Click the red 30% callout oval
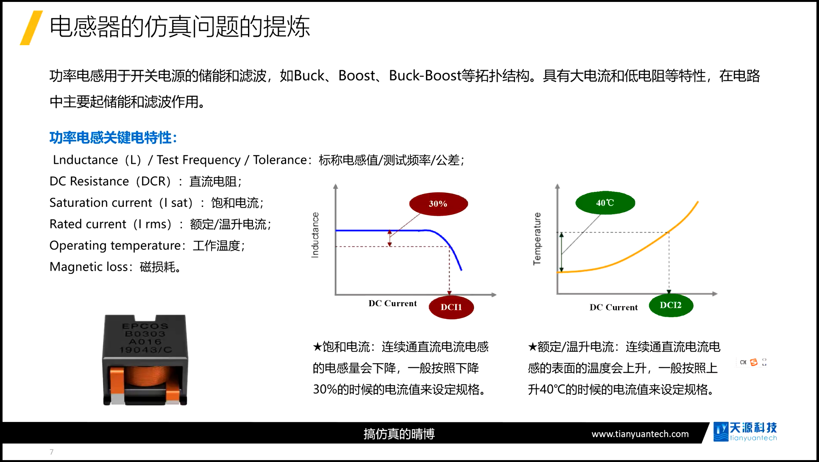(438, 204)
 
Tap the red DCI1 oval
(451, 307)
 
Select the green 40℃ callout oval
(605, 203)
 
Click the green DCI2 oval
(671, 305)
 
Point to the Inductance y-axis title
(315, 235)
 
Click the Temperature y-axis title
(537, 239)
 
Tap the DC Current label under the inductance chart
(393, 303)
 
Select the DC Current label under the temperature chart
(614, 307)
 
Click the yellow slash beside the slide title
(31, 28)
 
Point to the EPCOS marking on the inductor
(145, 326)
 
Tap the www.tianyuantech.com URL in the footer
(640, 434)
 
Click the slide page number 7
(52, 452)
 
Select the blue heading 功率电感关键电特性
(113, 138)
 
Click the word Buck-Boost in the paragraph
(425, 76)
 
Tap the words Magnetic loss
(89, 267)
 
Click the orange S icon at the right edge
(754, 362)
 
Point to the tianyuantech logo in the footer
(745, 432)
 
